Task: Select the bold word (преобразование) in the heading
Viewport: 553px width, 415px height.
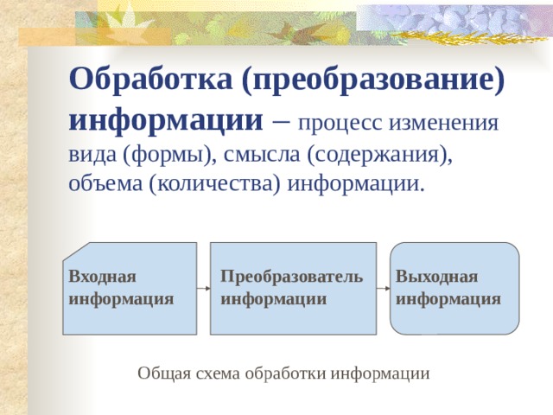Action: [x=374, y=83]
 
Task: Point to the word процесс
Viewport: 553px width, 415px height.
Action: [x=341, y=122]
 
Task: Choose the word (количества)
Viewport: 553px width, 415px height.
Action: [x=215, y=184]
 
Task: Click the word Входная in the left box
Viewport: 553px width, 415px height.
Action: [x=103, y=277]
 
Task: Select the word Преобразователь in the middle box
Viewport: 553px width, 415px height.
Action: [x=291, y=277]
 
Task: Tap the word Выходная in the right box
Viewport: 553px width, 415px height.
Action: [x=436, y=277]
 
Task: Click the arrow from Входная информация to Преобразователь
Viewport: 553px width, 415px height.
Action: [x=204, y=288]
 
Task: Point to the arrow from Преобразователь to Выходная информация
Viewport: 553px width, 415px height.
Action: [x=384, y=288]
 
